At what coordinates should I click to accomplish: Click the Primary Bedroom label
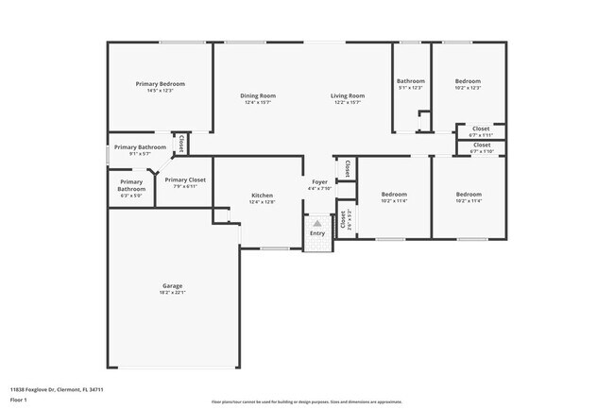coord(159,84)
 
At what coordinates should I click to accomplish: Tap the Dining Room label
coord(258,95)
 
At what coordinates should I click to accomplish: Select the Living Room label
coord(348,95)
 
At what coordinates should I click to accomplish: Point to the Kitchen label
coord(262,196)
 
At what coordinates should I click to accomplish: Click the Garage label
coord(172,285)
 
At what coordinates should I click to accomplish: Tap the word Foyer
coord(320,181)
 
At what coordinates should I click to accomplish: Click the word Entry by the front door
coord(317,233)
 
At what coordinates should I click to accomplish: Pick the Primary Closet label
coord(185,179)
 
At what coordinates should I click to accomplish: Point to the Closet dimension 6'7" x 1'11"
coord(481,135)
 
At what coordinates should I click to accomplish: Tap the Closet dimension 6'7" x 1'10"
coord(481,151)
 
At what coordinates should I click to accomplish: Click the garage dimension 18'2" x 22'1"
coord(172,293)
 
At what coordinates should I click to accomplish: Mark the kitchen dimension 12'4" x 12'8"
coord(262,202)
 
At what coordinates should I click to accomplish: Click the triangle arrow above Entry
coord(317,224)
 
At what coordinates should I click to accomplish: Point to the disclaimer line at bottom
coord(306,401)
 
